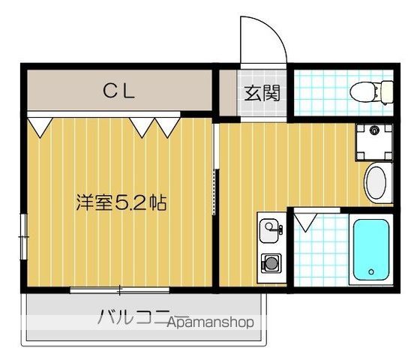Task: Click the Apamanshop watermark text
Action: [x=212, y=322]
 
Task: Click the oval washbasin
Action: [x=376, y=182]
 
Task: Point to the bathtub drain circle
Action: [x=370, y=271]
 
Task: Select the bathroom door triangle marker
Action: [x=305, y=223]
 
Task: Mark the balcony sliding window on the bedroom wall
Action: [x=120, y=289]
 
